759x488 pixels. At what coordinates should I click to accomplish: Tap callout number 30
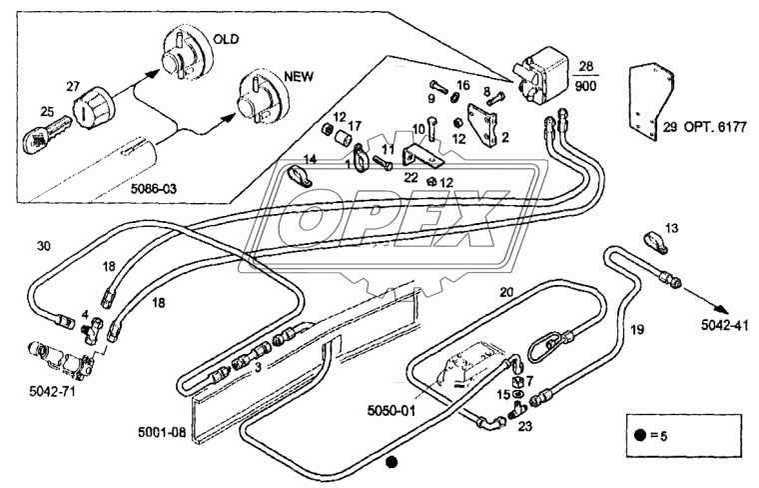[43, 245]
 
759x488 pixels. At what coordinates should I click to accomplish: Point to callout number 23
[523, 425]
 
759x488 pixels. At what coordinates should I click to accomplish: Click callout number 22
[410, 176]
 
